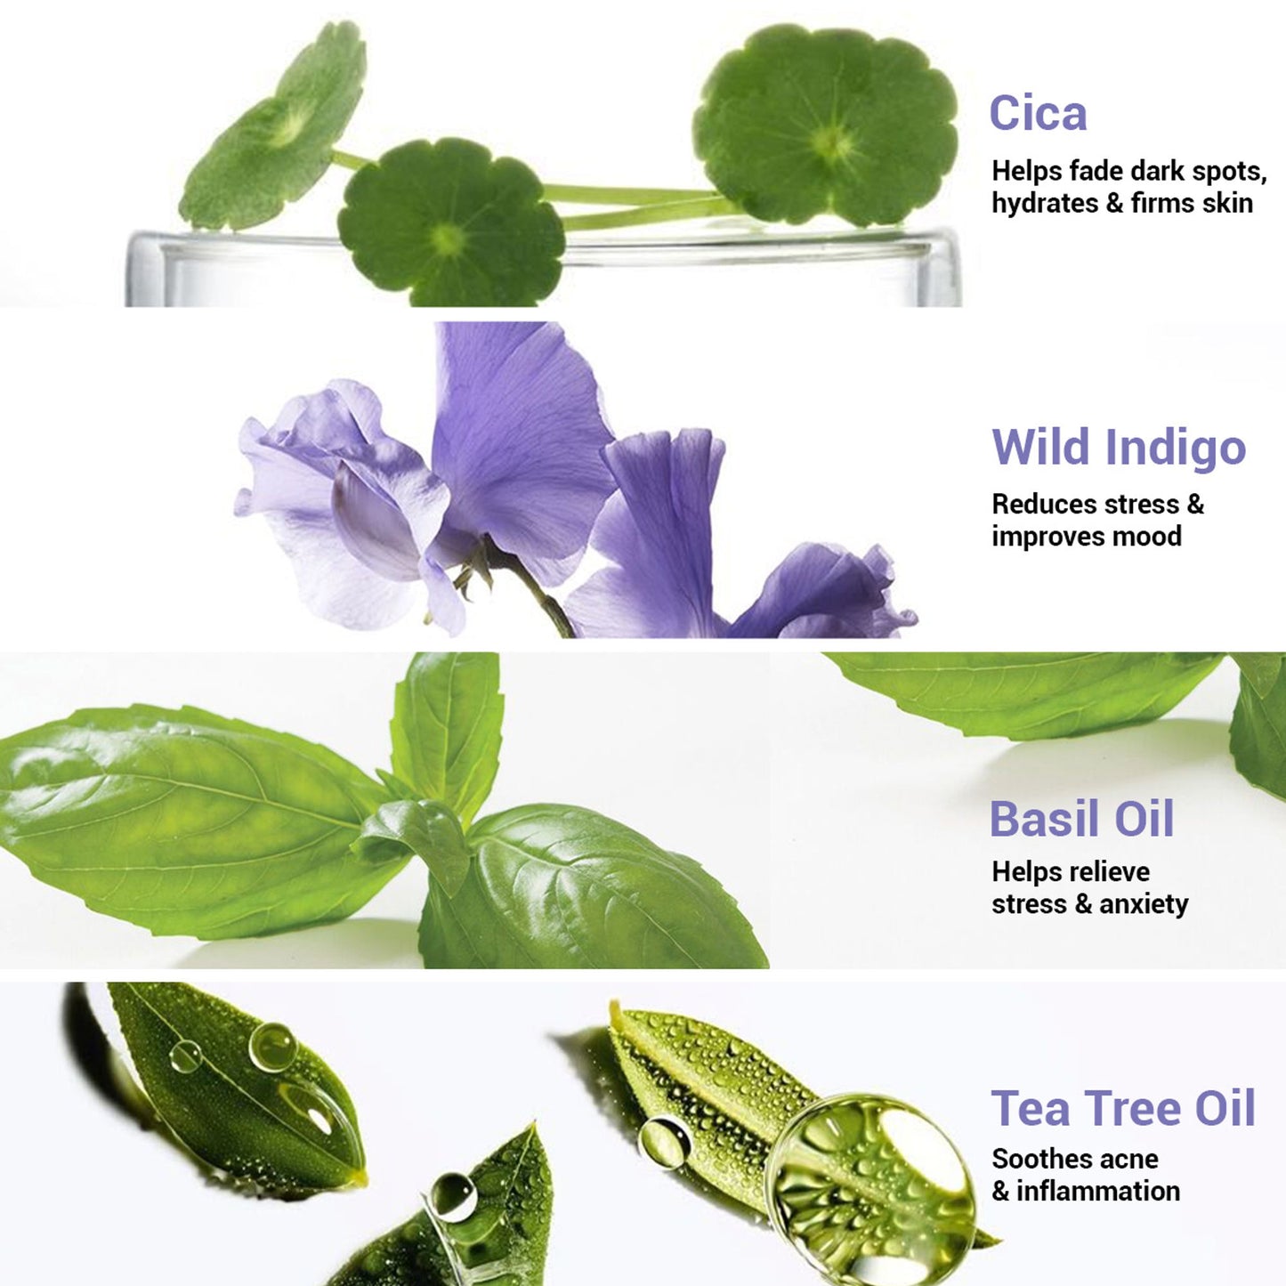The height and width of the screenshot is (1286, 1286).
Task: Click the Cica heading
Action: [1038, 113]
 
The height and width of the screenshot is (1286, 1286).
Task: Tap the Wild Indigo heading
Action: [1120, 449]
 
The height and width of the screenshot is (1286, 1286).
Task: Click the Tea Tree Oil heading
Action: [1123, 1108]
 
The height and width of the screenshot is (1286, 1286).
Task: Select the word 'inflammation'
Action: [1098, 1192]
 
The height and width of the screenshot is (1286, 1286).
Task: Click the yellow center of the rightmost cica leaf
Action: [832, 142]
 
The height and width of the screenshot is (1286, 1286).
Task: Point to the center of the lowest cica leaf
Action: [449, 239]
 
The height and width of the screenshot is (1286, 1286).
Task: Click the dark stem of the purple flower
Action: [535, 591]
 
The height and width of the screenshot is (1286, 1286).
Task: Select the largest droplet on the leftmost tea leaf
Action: [272, 1047]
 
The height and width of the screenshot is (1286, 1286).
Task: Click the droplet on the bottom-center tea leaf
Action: [454, 1197]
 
